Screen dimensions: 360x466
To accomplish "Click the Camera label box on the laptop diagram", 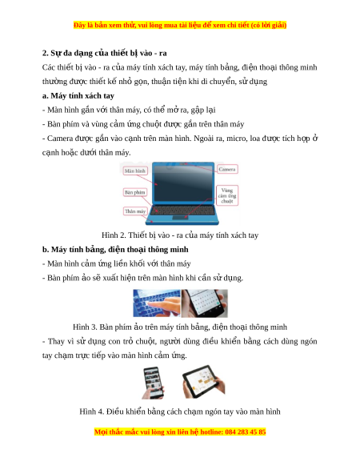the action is pyautogui.click(x=227, y=169).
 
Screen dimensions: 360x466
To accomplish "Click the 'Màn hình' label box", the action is pyautogui.click(x=135, y=171).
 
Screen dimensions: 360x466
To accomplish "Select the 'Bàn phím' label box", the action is pyautogui.click(x=135, y=192).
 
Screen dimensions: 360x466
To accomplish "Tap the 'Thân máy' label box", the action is pyautogui.click(x=135, y=211).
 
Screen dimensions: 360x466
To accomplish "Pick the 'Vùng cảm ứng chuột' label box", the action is pyautogui.click(x=227, y=195).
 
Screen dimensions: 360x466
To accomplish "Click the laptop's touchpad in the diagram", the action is pyautogui.click(x=180, y=218).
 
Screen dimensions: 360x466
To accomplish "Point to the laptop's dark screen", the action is pyautogui.click(x=183, y=183).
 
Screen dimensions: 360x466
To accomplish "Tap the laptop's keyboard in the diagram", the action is pyautogui.click(x=182, y=210).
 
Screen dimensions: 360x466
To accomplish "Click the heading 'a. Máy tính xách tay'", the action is pyautogui.click(x=78, y=96).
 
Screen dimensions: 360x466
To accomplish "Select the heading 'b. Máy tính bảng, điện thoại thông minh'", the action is pyautogui.click(x=115, y=249).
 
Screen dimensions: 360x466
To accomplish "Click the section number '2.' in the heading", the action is pyautogui.click(x=45, y=53).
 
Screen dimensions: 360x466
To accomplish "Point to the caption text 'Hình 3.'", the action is pyautogui.click(x=85, y=327).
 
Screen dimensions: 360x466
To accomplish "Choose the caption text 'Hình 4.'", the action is pyautogui.click(x=92, y=412).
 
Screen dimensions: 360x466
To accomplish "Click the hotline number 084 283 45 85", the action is pyautogui.click(x=246, y=432).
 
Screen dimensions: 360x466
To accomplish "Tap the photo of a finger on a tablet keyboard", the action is pyautogui.click(x=157, y=303).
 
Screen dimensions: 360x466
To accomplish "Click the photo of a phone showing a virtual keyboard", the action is pyautogui.click(x=205, y=303).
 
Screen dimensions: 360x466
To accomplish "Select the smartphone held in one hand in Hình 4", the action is pyautogui.click(x=153, y=383).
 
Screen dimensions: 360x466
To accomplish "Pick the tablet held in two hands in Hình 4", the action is pyautogui.click(x=204, y=382).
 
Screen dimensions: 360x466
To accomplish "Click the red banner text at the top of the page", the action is pyautogui.click(x=180, y=25).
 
